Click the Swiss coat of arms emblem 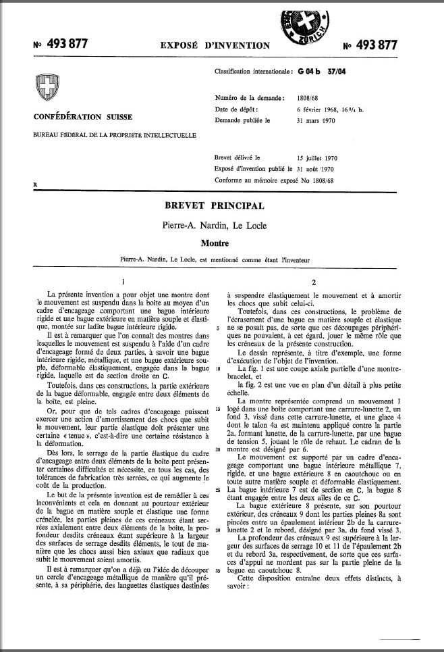[46, 89]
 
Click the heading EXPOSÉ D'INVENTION [215, 46]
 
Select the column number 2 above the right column [314, 282]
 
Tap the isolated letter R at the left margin [35, 183]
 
